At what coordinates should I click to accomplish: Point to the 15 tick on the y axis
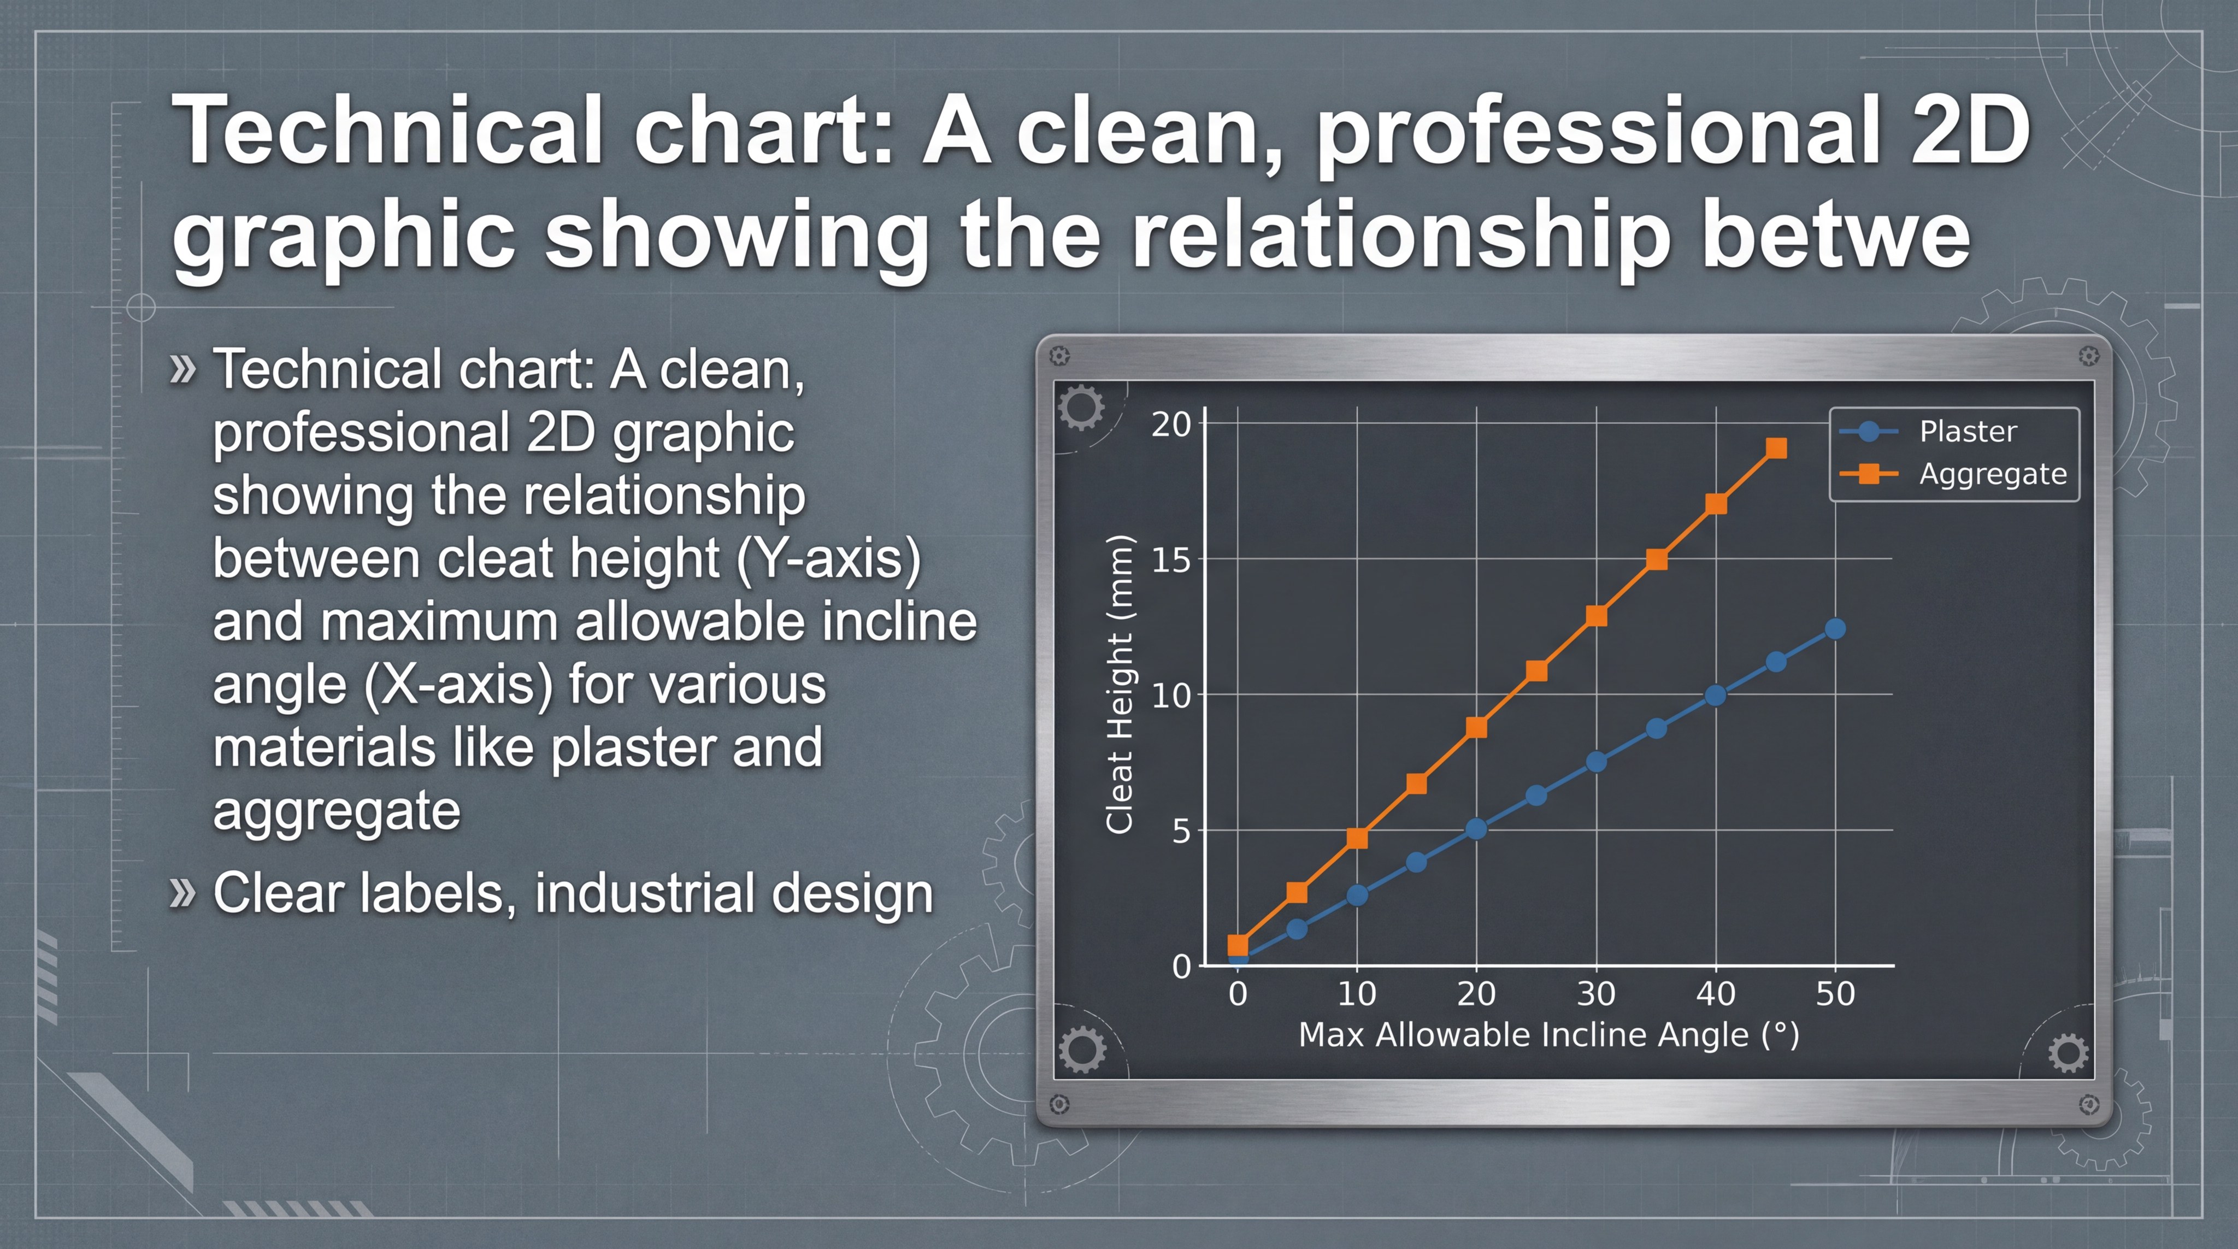pyautogui.click(x=1170, y=560)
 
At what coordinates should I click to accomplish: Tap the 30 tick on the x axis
pyautogui.click(x=1596, y=994)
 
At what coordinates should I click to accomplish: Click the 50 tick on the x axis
pyautogui.click(x=1835, y=994)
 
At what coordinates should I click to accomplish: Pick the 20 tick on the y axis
pyautogui.click(x=1170, y=424)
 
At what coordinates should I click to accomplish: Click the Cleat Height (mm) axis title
pyautogui.click(x=1119, y=685)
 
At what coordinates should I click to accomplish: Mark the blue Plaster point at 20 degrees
pyautogui.click(x=1476, y=829)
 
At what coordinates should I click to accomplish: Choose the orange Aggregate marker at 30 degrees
pyautogui.click(x=1596, y=616)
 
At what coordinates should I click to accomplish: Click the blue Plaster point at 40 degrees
pyautogui.click(x=1716, y=696)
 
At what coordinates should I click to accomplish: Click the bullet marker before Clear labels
pyautogui.click(x=181, y=893)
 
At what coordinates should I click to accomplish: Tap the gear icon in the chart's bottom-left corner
pyautogui.click(x=1082, y=1049)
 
